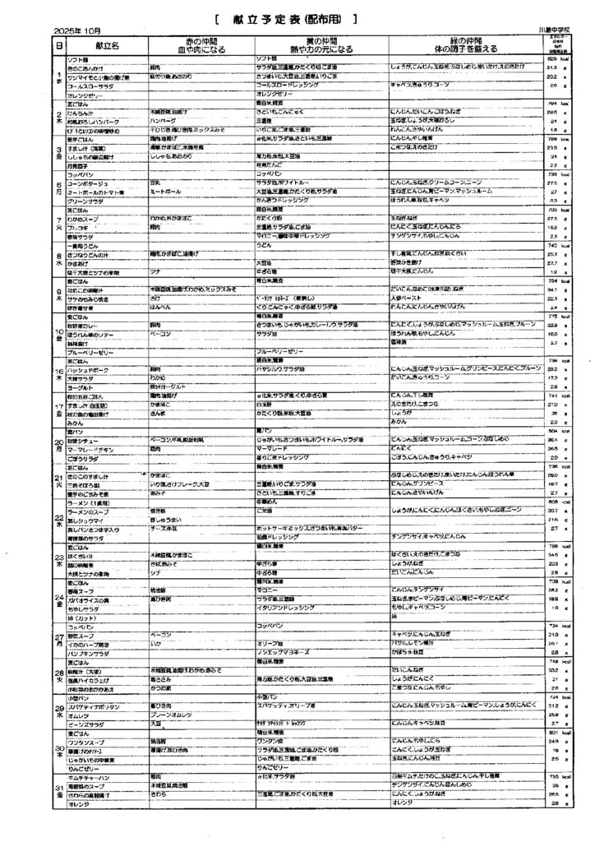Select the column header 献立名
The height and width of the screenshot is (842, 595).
click(x=105, y=46)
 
